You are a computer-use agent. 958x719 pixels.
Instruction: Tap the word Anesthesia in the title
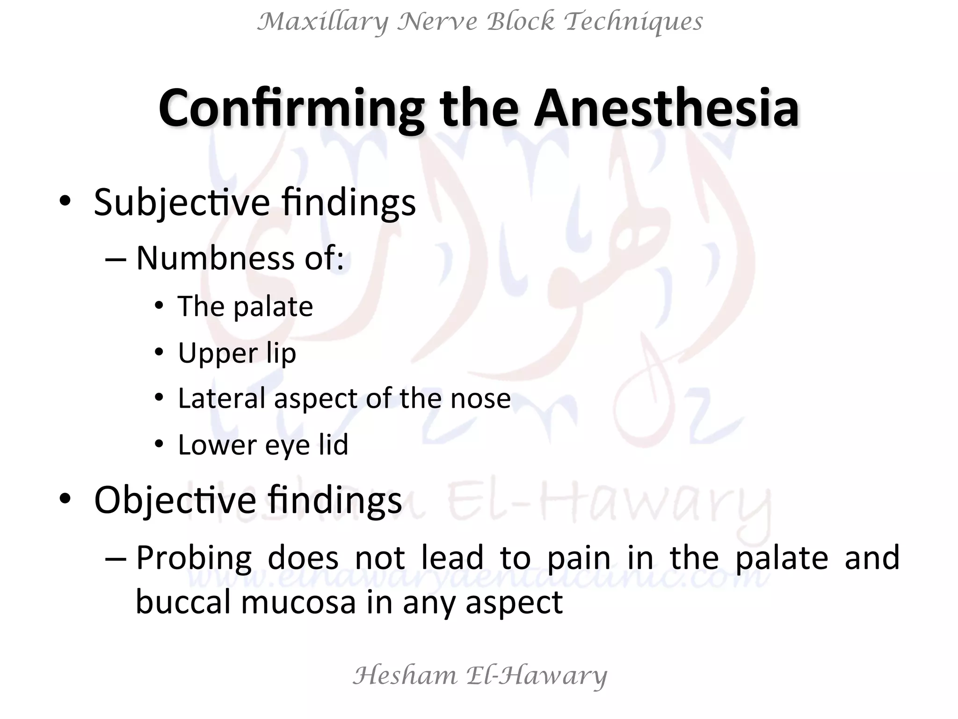[666, 109]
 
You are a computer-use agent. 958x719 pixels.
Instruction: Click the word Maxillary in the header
[323, 22]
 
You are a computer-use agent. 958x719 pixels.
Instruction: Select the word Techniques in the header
[633, 22]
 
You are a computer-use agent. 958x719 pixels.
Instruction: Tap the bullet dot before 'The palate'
[160, 306]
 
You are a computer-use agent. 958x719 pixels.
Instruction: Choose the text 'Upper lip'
[237, 353]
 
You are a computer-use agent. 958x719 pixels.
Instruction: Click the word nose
[480, 399]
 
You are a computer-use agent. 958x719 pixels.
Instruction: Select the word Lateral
[222, 399]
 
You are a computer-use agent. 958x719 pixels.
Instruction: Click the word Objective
[175, 500]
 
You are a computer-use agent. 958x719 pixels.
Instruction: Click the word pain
[579, 558]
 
